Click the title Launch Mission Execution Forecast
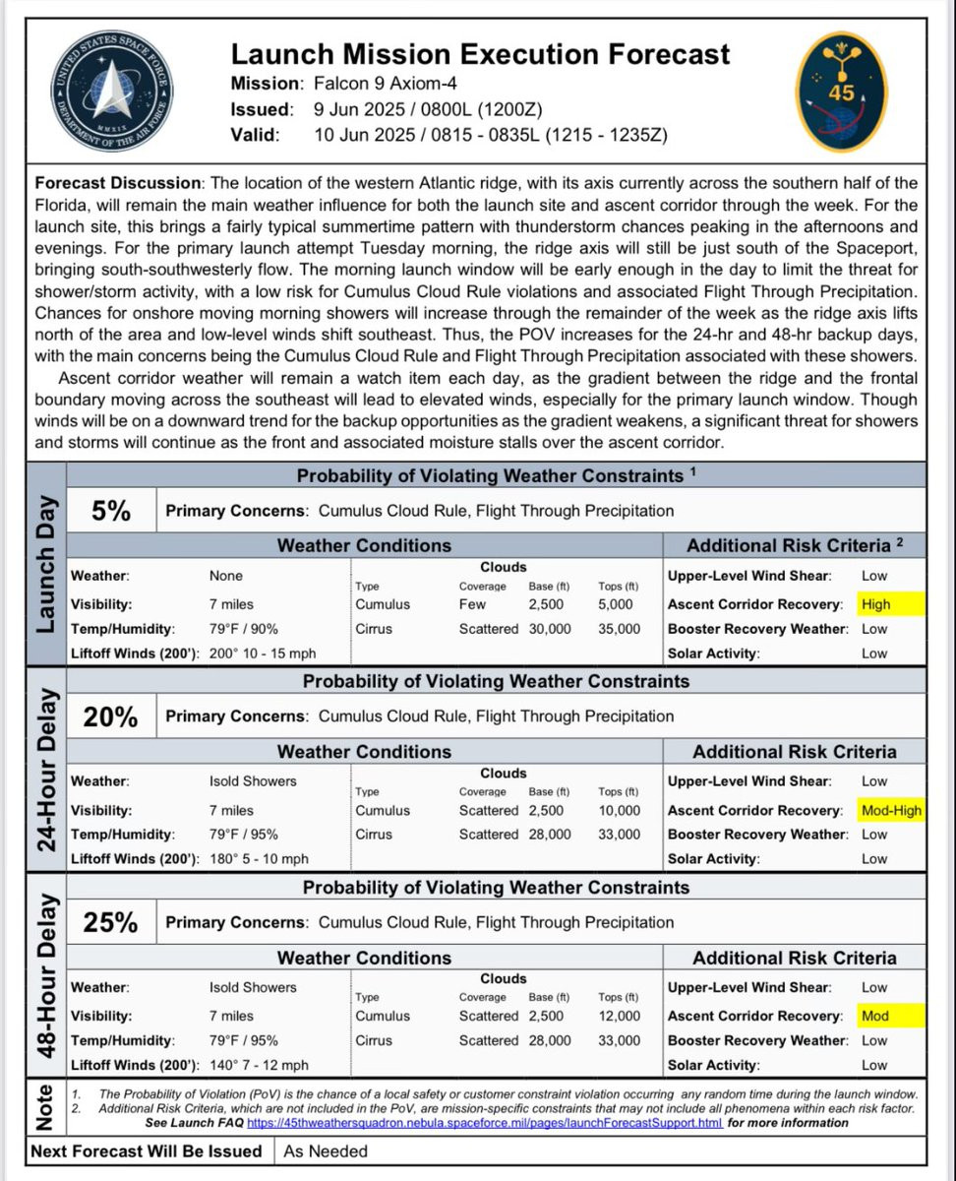[481, 53]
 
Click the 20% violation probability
[110, 716]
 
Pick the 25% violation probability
[110, 922]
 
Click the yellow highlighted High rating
[875, 604]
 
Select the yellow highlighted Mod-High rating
[891, 810]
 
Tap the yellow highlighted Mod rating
[875, 1016]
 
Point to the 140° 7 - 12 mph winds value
[259, 1065]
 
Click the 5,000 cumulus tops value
[616, 604]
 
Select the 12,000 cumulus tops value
[619, 1016]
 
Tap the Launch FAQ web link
[484, 1122]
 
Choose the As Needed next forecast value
[326, 1151]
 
